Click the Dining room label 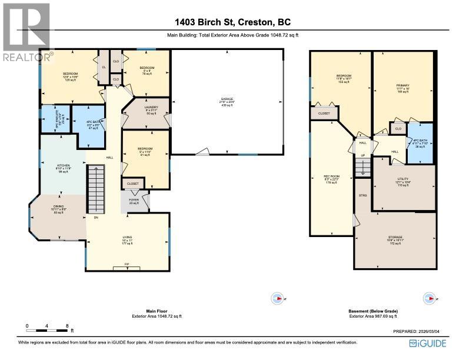(x=58, y=209)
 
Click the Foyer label (x=135, y=201)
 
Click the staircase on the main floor (x=95, y=188)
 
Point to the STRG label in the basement (x=363, y=194)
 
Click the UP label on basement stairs (x=362, y=156)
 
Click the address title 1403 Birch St (x=232, y=23)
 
